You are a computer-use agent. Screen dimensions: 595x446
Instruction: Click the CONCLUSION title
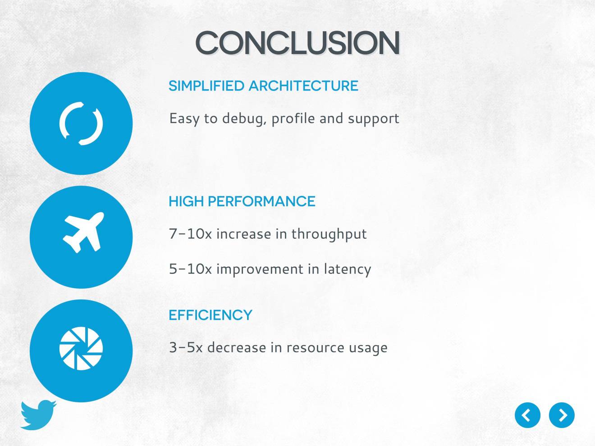pyautogui.click(x=297, y=42)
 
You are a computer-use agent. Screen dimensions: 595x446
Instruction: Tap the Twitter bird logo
pyautogui.click(x=38, y=414)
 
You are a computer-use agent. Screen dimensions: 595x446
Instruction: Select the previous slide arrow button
pyautogui.click(x=527, y=415)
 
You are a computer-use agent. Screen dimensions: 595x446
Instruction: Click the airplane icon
pyautogui.click(x=83, y=232)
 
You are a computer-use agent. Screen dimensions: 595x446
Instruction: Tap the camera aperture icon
pyautogui.click(x=81, y=348)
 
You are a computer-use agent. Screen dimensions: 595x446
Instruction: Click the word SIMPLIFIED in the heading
pyautogui.click(x=206, y=86)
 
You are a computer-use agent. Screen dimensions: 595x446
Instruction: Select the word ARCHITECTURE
pyautogui.click(x=304, y=86)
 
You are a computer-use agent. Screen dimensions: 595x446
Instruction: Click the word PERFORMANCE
pyautogui.click(x=261, y=201)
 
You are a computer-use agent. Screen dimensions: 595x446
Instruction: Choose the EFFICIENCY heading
pyautogui.click(x=211, y=315)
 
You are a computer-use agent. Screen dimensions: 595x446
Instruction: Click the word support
pyautogui.click(x=373, y=119)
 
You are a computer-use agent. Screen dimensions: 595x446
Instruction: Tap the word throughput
pyautogui.click(x=329, y=234)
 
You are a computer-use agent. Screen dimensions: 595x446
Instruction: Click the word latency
pyautogui.click(x=348, y=269)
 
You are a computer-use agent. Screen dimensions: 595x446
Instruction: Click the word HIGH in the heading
pyautogui.click(x=186, y=201)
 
